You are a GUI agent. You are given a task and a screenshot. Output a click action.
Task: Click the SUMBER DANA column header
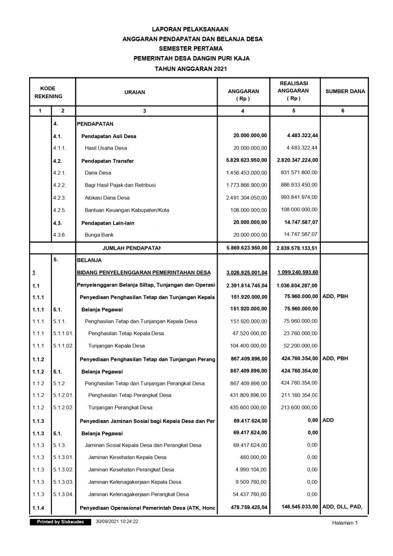(x=345, y=92)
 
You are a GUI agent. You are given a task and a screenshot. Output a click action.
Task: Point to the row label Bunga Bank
(x=96, y=235)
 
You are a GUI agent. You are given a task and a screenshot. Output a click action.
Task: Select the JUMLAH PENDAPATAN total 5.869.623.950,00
(x=247, y=248)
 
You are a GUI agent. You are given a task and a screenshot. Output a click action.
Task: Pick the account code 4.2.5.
(x=60, y=210)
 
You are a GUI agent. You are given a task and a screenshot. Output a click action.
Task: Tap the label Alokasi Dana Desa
(x=107, y=197)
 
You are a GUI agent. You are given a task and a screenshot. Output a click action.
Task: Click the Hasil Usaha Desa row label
(x=106, y=148)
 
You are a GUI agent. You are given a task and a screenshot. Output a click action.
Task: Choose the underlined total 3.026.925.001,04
(x=247, y=272)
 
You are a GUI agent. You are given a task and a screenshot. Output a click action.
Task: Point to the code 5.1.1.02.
(x=63, y=346)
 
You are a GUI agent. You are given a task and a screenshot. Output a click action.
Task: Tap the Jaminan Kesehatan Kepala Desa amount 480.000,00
(x=253, y=457)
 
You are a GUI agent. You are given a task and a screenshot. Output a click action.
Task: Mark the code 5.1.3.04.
(x=63, y=494)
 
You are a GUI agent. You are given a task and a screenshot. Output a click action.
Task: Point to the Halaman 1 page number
(x=345, y=523)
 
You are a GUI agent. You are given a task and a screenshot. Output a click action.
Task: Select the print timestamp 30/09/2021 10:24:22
(x=117, y=522)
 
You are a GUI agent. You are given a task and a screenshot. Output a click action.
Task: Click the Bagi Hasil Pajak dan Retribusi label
(x=120, y=185)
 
